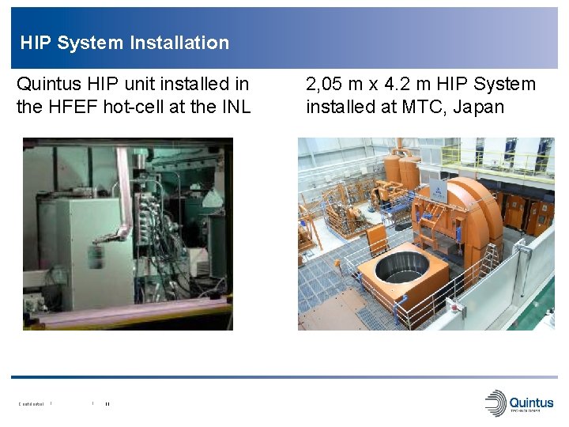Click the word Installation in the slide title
click(177, 43)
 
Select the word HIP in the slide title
click(36, 43)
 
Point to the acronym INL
click(234, 107)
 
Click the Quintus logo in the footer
click(519, 402)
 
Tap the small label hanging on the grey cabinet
click(96, 258)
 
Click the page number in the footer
click(107, 404)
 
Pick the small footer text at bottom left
click(32, 404)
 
